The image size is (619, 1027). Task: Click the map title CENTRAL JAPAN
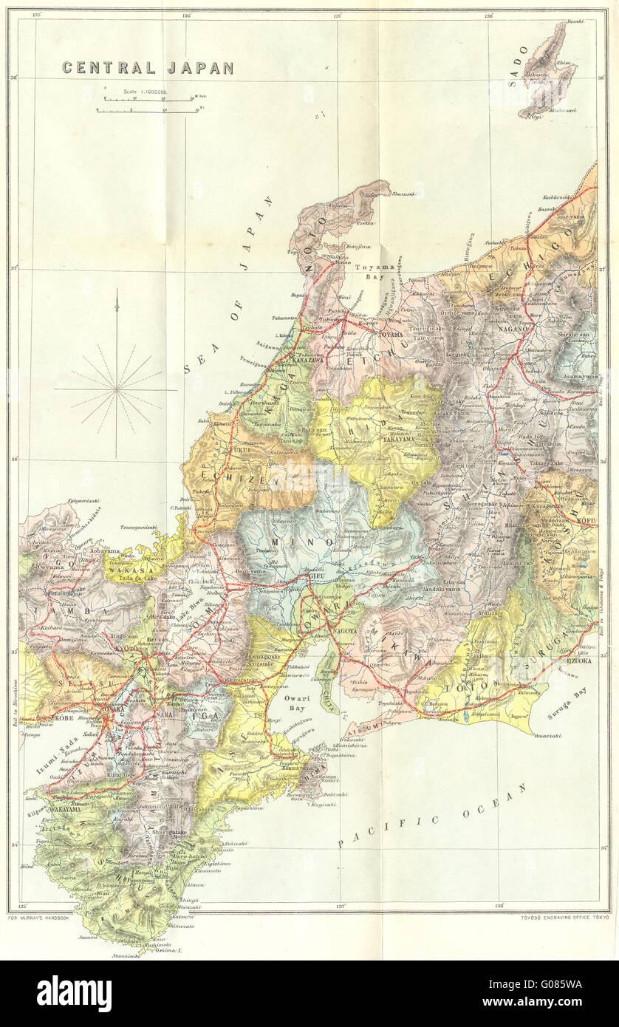pyautogui.click(x=148, y=68)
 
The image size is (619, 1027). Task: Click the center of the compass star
pyautogui.click(x=116, y=386)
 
